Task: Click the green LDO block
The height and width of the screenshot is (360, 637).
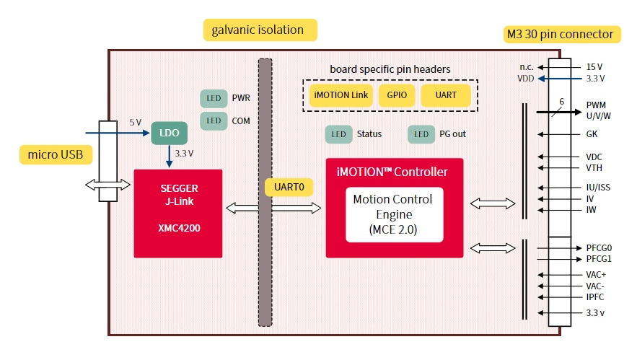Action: click(x=170, y=133)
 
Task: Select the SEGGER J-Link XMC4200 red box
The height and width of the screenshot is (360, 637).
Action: click(x=177, y=213)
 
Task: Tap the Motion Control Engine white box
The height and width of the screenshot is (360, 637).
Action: click(x=393, y=215)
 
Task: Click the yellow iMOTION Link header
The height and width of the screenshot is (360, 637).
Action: click(x=341, y=95)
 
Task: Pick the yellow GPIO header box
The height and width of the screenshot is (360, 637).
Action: click(x=397, y=95)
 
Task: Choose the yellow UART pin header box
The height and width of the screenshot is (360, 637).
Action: click(x=446, y=95)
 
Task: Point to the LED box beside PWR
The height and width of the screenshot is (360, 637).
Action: click(x=214, y=98)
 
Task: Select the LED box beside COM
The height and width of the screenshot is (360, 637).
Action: click(x=214, y=120)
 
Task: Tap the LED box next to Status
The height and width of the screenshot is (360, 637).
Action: click(x=338, y=134)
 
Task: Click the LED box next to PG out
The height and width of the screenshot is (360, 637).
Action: click(x=421, y=134)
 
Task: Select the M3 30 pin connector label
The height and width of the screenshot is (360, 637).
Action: click(x=560, y=34)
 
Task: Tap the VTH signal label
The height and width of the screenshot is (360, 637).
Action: click(x=594, y=168)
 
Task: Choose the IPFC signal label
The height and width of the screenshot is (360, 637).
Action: click(x=594, y=297)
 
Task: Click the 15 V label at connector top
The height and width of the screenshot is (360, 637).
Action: click(x=594, y=67)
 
